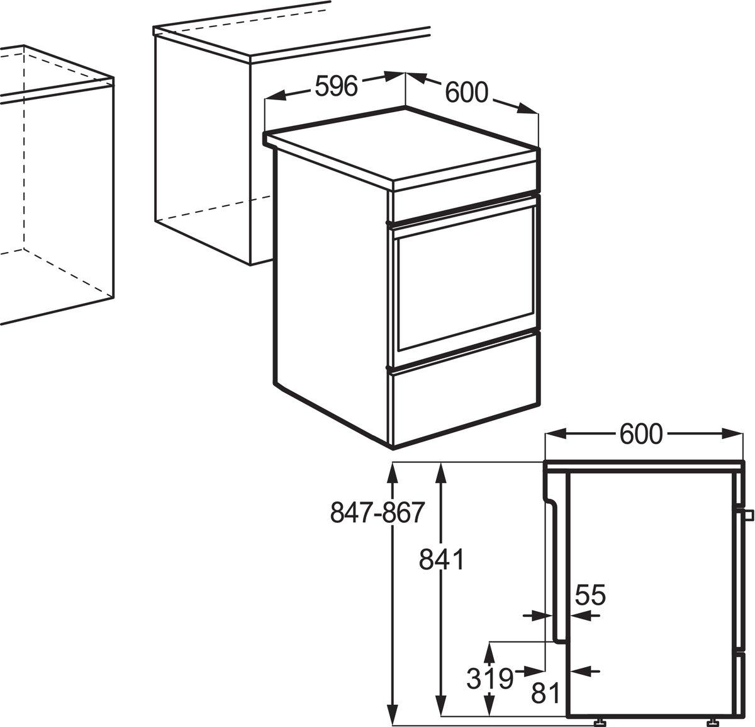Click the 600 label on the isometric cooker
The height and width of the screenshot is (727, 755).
point(466,93)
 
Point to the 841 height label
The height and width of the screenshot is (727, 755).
point(442,559)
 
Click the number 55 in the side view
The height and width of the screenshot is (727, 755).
point(590,595)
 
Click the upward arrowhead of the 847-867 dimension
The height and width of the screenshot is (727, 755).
point(393,472)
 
